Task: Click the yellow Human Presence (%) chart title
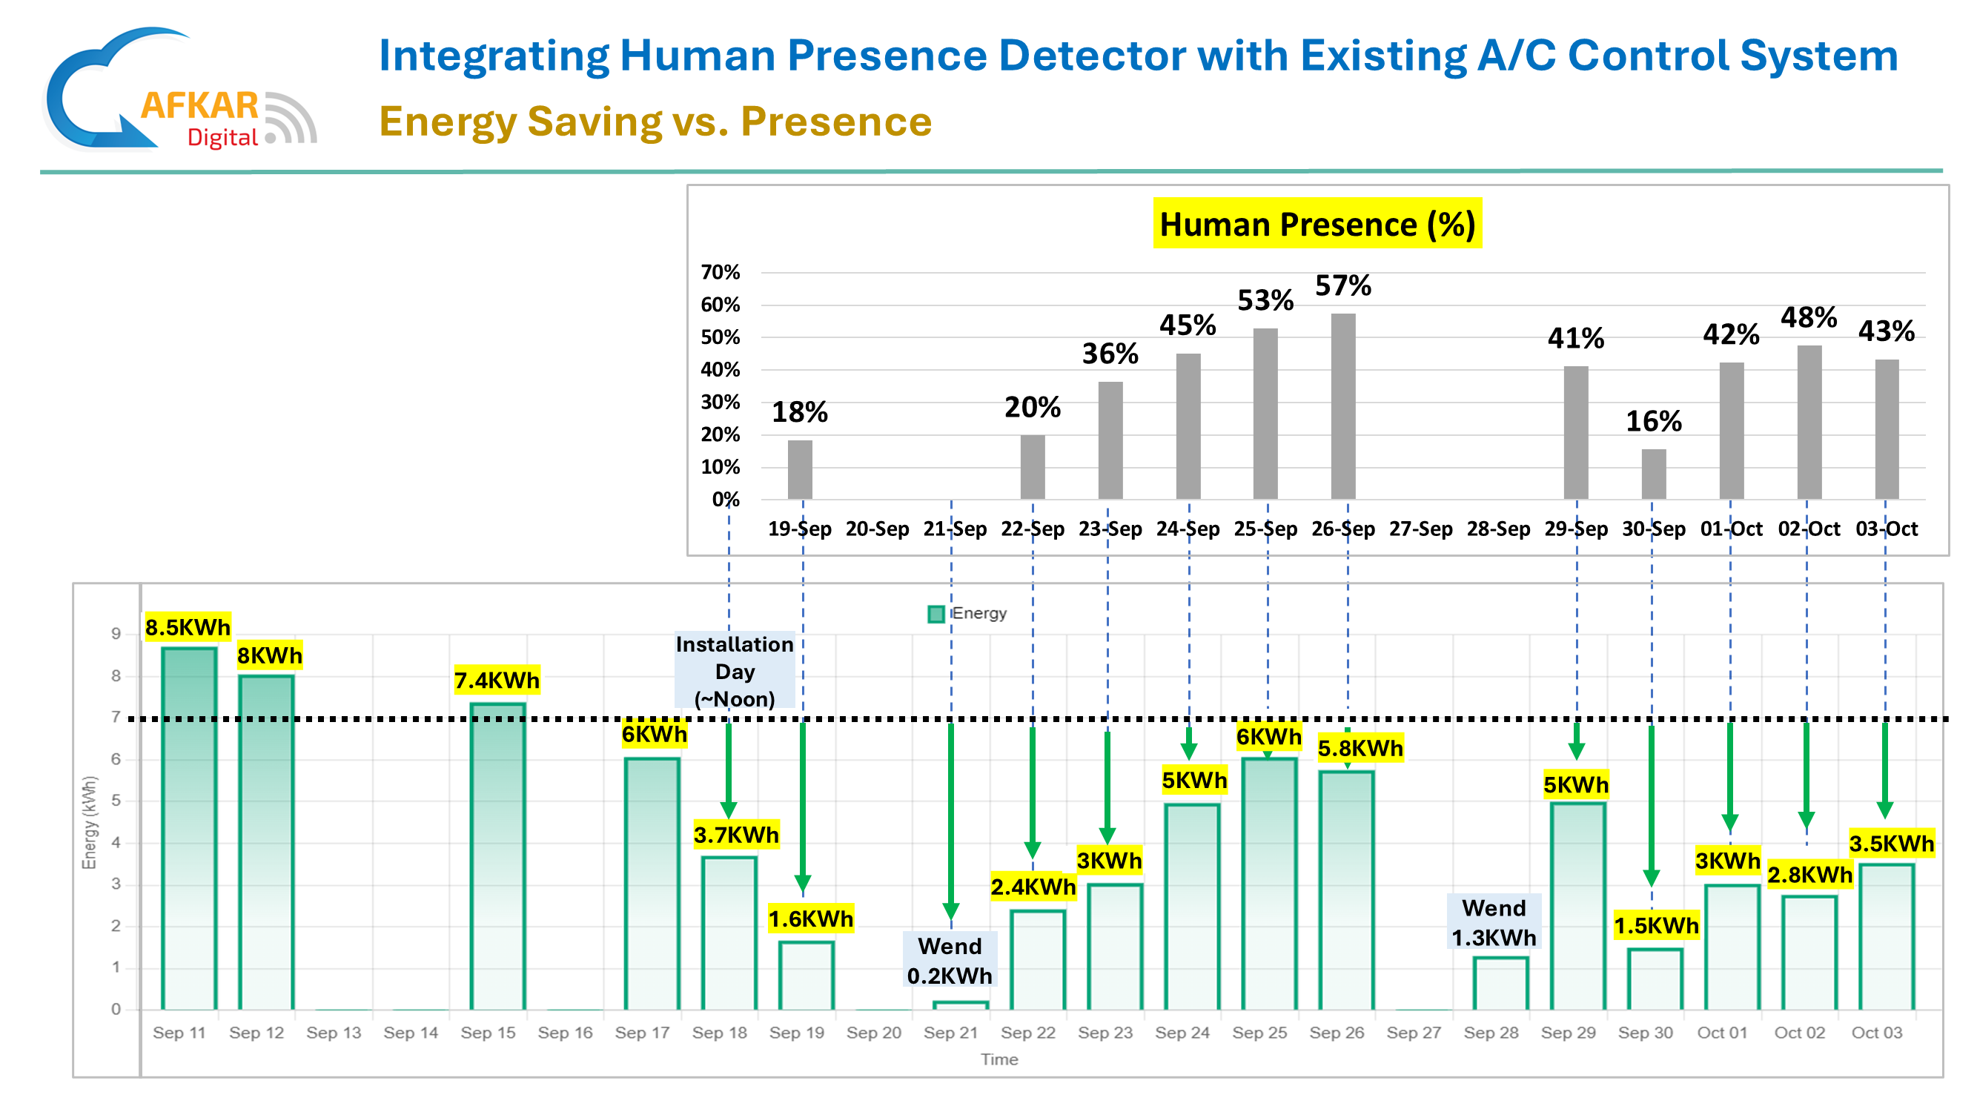coord(1317,224)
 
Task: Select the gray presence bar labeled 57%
coord(1343,406)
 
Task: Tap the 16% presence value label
coord(1654,421)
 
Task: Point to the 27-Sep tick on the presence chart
coord(1420,529)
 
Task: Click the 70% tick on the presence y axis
coord(720,272)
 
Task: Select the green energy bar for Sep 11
coord(189,829)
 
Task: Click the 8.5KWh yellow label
coord(188,627)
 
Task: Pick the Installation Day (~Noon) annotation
coord(735,672)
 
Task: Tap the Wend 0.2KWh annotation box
coord(950,961)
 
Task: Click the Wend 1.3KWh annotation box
coord(1494,922)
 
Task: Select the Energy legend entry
coord(968,613)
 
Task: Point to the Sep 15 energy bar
coord(497,855)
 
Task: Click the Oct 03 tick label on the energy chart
coord(1876,1033)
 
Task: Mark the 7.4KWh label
coord(497,680)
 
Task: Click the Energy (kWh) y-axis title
coord(90,823)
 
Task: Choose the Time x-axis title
coord(999,1060)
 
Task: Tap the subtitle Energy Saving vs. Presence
coord(655,122)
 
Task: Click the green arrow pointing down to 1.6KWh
coord(803,806)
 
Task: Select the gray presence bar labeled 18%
coord(800,470)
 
